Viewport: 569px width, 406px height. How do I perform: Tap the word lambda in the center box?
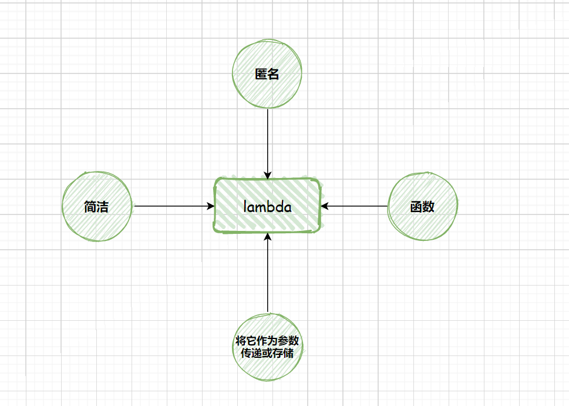[268, 207]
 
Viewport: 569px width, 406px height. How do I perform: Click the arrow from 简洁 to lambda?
[173, 206]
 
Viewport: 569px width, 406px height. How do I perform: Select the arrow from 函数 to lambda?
[355, 206]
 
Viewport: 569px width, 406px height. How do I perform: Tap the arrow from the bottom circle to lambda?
[268, 273]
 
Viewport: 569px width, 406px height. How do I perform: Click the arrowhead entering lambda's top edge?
[268, 175]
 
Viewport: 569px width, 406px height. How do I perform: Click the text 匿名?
[267, 75]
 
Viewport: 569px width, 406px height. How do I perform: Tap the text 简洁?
[97, 207]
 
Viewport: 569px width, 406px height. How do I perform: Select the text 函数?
[422, 207]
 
